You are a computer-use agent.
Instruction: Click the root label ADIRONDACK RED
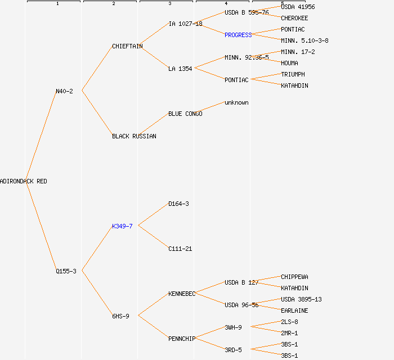(24, 181)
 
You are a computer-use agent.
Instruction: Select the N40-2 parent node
(64, 91)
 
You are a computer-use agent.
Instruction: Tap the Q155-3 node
(66, 271)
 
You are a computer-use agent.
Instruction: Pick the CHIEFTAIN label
(127, 46)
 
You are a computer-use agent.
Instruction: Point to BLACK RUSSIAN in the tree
(134, 136)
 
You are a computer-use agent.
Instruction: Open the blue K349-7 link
(122, 226)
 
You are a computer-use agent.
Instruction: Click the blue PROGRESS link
(238, 35)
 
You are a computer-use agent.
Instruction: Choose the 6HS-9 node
(120, 316)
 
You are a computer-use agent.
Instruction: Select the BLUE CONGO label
(185, 114)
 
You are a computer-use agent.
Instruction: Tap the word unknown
(236, 102)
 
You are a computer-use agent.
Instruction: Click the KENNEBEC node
(182, 294)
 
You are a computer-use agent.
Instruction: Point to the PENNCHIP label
(182, 339)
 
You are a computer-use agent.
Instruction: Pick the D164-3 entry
(178, 204)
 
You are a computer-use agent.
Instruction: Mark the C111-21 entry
(180, 249)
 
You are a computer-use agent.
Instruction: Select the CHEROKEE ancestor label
(294, 18)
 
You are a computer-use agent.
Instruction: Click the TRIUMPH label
(293, 74)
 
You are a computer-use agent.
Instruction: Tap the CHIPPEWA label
(294, 277)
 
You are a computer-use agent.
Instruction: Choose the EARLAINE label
(294, 310)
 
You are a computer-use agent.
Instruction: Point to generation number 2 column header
(113, 4)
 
